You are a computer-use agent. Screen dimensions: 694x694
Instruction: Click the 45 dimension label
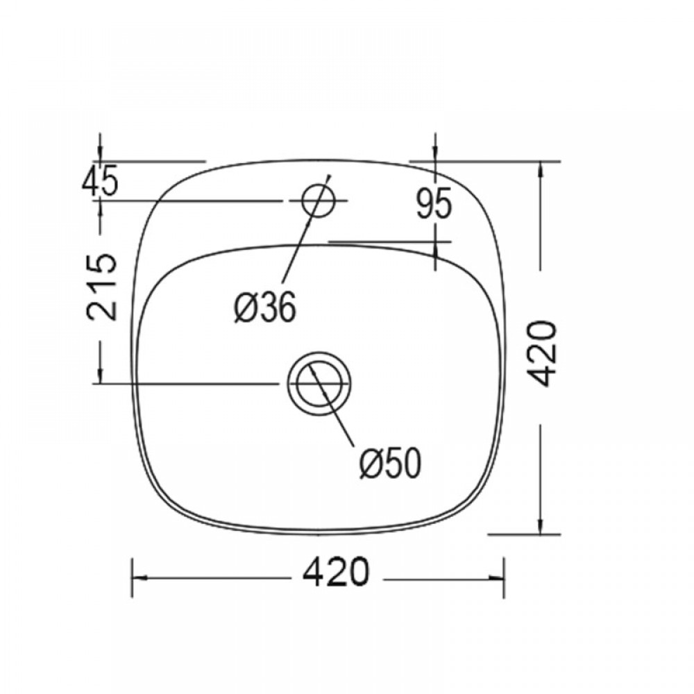pos(101,180)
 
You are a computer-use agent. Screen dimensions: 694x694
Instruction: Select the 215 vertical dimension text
pos(102,287)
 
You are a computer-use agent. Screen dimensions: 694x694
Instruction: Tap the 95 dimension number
pos(434,203)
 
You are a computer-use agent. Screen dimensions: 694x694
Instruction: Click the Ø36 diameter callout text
pos(264,307)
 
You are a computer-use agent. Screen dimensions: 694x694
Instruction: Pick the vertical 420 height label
pos(543,353)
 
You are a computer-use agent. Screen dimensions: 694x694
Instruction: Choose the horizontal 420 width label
pos(335,572)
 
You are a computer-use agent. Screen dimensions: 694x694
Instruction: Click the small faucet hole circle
pos(318,201)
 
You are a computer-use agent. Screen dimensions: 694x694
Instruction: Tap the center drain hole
pos(319,384)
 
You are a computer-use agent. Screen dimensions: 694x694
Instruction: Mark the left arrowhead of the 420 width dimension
pos(140,577)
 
